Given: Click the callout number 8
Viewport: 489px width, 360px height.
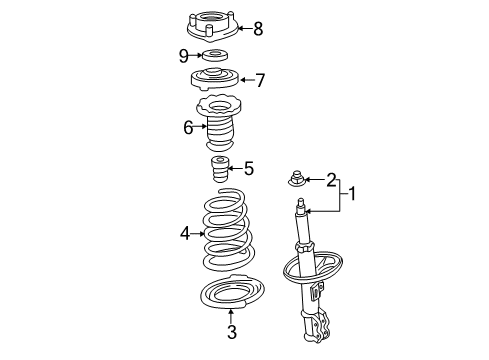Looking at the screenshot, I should point(257,29).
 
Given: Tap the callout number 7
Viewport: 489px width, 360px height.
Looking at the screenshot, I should point(259,79).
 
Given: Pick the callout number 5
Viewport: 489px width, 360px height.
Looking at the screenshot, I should point(249,168).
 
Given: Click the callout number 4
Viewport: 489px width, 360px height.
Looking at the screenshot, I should point(184,234).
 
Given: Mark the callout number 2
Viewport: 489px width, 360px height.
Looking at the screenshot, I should point(331,180).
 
